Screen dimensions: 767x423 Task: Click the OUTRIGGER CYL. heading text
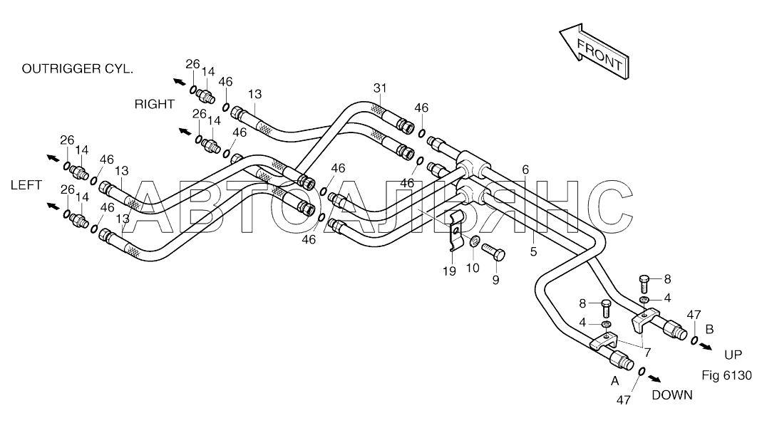(77, 69)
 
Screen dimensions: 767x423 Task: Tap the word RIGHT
(155, 104)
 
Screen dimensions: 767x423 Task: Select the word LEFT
(26, 185)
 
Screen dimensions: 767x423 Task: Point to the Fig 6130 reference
(726, 375)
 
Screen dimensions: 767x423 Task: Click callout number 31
(380, 88)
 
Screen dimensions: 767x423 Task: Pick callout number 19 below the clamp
(449, 271)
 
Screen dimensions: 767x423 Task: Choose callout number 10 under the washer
(473, 268)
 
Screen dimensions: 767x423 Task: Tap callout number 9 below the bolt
(495, 281)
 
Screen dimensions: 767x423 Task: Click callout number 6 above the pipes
(525, 170)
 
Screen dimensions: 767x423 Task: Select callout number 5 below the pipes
(534, 251)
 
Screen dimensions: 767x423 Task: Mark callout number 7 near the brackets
(647, 352)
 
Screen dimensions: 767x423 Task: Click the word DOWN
(672, 395)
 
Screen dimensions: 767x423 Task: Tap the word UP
(733, 355)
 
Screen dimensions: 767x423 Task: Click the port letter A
(615, 382)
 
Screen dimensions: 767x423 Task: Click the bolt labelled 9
(493, 251)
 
